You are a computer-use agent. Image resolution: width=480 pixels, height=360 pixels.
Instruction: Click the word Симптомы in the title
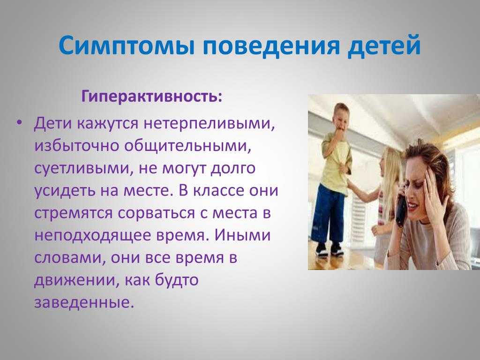pyautogui.click(x=127, y=46)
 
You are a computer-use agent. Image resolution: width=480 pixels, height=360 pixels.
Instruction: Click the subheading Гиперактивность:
pyautogui.click(x=152, y=97)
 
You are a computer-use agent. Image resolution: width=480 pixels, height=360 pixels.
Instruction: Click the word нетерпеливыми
pyautogui.click(x=209, y=124)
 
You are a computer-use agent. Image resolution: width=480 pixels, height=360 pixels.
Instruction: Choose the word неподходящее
pyautogui.click(x=92, y=235)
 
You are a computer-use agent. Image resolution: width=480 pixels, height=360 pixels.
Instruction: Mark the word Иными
pyautogui.click(x=242, y=235)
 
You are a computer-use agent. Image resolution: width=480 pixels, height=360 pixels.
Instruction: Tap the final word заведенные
pyautogui.click(x=84, y=302)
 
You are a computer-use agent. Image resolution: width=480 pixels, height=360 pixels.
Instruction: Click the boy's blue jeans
pyautogui.click(x=328, y=215)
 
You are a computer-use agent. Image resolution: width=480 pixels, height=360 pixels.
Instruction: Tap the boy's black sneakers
pyautogui.click(x=329, y=248)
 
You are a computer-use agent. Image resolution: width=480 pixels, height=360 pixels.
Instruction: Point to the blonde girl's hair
pyautogui.click(x=392, y=172)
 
